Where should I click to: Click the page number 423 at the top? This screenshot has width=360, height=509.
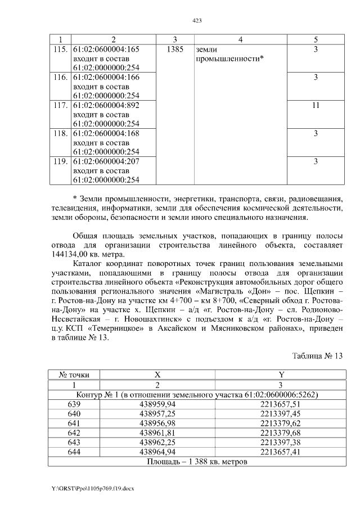click(x=197, y=20)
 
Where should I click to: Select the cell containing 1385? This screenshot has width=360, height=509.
click(x=175, y=49)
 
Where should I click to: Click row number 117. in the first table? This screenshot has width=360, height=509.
click(x=58, y=105)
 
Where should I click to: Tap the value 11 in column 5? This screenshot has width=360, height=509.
click(x=316, y=105)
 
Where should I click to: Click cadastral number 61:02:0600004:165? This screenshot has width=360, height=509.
click(x=105, y=49)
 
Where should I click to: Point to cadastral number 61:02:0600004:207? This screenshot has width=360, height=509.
click(x=105, y=161)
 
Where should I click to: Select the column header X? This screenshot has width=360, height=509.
click(x=157, y=375)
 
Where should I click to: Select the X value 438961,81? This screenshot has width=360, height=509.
click(x=157, y=433)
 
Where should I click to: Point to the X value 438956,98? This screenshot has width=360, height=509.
click(x=157, y=423)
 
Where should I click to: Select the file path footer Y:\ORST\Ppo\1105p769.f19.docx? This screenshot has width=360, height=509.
click(x=93, y=489)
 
